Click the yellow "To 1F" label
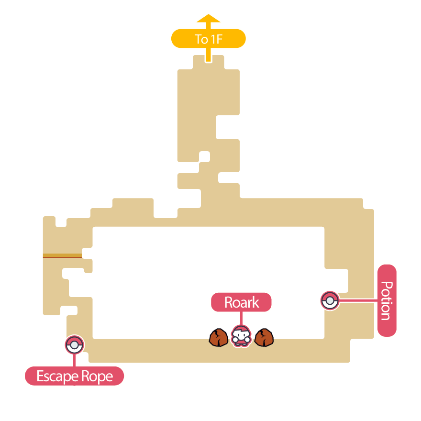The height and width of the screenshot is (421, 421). [x=208, y=39]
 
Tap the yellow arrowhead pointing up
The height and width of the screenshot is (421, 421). [x=208, y=19]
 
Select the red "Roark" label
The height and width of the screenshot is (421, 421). [x=241, y=302]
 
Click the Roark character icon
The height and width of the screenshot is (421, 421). [x=241, y=337]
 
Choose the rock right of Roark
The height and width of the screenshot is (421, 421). [x=264, y=337]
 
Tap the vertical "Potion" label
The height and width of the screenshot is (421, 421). [x=387, y=300]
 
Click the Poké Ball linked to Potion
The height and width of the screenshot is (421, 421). [x=330, y=301]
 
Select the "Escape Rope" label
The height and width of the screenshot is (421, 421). [x=74, y=376]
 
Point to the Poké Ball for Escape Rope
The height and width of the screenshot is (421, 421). [x=74, y=344]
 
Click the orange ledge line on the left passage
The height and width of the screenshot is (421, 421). [x=62, y=256]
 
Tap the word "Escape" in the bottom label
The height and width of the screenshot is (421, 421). [x=57, y=377]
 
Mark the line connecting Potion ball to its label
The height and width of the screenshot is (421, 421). [x=358, y=301]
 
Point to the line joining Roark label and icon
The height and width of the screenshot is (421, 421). [x=241, y=318]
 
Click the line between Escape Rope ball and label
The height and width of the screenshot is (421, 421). [x=74, y=360]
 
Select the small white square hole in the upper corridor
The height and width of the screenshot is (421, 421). [x=204, y=156]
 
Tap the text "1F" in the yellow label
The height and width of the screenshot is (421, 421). [x=216, y=39]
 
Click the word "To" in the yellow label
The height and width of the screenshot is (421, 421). [x=201, y=39]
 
